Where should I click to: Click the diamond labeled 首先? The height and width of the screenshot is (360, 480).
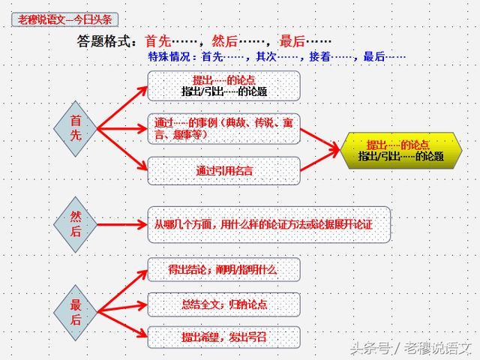point(75,127)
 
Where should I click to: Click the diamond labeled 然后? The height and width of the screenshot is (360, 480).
point(75,223)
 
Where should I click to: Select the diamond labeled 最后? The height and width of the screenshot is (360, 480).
point(75,312)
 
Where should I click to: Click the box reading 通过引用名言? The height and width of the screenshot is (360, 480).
point(223,171)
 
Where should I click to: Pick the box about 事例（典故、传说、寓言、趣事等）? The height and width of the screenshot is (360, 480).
point(223,128)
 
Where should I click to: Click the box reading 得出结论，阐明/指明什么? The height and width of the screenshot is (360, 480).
point(223,269)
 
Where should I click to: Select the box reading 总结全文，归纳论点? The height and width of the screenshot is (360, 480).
point(223,304)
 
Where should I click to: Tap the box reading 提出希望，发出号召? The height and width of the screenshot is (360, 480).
point(223,337)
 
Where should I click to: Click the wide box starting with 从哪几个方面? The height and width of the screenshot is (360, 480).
point(268,224)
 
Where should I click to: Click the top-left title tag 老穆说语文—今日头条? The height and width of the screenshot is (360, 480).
point(64,19)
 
